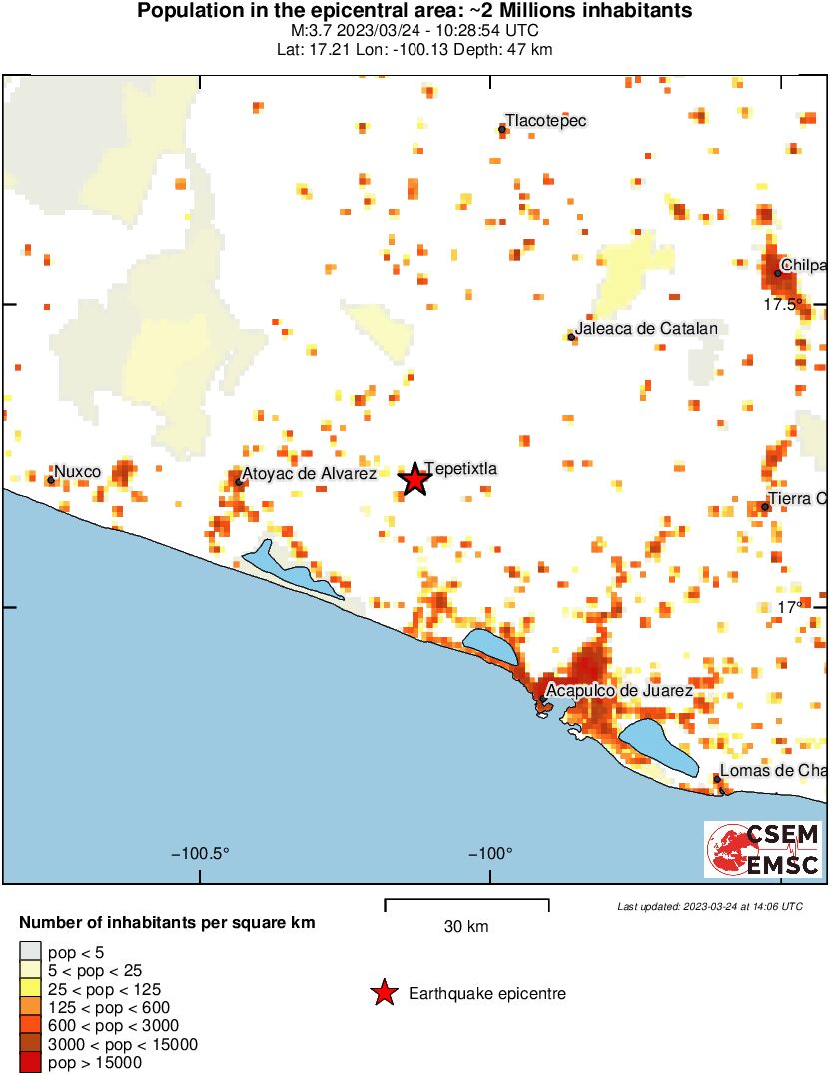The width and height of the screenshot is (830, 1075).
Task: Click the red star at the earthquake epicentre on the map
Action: pos(415,479)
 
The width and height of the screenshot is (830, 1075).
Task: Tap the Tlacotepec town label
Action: pos(545,121)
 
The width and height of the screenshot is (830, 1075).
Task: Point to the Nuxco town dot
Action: pos(51,480)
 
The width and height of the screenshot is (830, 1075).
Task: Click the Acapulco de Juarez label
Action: pos(620,691)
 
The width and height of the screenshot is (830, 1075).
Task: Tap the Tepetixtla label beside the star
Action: pos(460,468)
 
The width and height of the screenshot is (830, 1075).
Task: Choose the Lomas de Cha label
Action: pos(774,770)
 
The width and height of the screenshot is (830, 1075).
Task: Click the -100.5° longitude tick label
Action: pos(201,854)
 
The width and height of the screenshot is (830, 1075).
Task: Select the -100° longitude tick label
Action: pos(489,854)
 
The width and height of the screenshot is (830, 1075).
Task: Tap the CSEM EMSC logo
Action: pos(763,850)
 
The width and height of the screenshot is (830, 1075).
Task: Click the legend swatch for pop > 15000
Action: pos(31,1063)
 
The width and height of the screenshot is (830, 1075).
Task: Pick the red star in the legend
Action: pos(383,993)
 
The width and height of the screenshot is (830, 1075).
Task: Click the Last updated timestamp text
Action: pos(709,906)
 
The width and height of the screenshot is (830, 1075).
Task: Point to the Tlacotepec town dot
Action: pos(502,129)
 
